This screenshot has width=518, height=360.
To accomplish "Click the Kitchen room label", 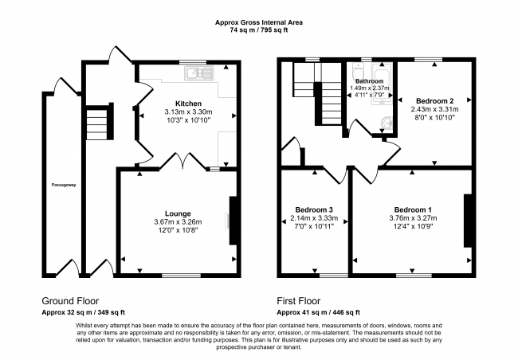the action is (x=188, y=104).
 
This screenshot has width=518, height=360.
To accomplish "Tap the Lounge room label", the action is (x=178, y=213).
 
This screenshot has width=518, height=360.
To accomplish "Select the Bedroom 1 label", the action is (x=413, y=209).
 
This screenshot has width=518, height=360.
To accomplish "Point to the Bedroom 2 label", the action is (x=435, y=100).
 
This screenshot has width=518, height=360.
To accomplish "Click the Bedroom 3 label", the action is (x=314, y=209).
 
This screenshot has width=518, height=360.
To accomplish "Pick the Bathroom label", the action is (x=369, y=81).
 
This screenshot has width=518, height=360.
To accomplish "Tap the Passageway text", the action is (x=64, y=185).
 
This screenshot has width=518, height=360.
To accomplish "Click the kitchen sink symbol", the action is (x=199, y=73).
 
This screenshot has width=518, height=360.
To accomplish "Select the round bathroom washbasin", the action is (x=386, y=123).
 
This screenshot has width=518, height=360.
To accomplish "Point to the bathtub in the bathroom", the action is (x=382, y=84).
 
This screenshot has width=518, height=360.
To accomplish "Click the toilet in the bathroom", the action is (x=358, y=71).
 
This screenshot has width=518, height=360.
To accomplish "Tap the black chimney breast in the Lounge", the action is (x=233, y=221).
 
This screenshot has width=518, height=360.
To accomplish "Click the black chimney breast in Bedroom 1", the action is (x=468, y=221).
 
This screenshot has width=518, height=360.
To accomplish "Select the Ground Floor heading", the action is (x=70, y=301).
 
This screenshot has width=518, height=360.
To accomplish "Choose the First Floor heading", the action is (x=299, y=301).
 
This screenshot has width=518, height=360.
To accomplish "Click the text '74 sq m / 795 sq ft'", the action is (x=259, y=30).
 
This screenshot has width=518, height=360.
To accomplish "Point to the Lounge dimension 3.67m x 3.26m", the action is (x=178, y=222).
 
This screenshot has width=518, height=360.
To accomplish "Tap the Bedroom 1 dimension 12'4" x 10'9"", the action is (x=413, y=226).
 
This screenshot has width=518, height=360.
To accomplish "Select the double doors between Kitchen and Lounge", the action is (x=182, y=161).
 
